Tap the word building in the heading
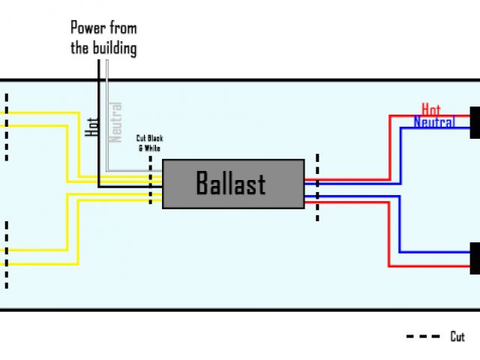[115, 49]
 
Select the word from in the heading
[123, 29]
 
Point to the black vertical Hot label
[92, 125]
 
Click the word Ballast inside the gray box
[231, 183]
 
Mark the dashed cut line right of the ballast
[317, 187]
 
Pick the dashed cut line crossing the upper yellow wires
[7, 127]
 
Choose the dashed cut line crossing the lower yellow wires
[7, 255]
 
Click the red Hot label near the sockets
[431, 109]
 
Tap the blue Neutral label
[433, 121]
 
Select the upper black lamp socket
[475, 123]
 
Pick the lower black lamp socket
[475, 258]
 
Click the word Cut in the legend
[457, 337]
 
